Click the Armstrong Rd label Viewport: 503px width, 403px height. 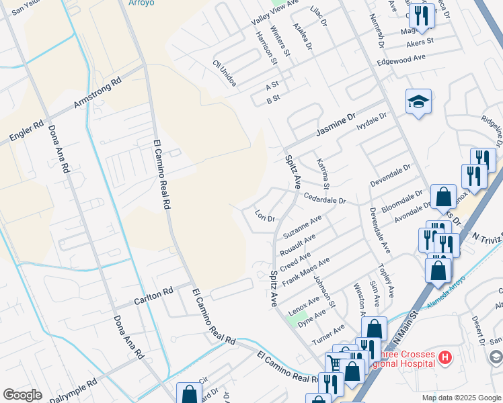(x=98, y=93)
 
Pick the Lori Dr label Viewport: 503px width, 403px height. (x=266, y=218)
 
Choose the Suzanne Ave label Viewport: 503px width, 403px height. (x=302, y=227)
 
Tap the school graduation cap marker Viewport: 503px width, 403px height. (x=418, y=102)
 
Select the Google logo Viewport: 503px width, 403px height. (x=22, y=395)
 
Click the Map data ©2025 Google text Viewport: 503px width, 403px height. (x=461, y=398)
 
